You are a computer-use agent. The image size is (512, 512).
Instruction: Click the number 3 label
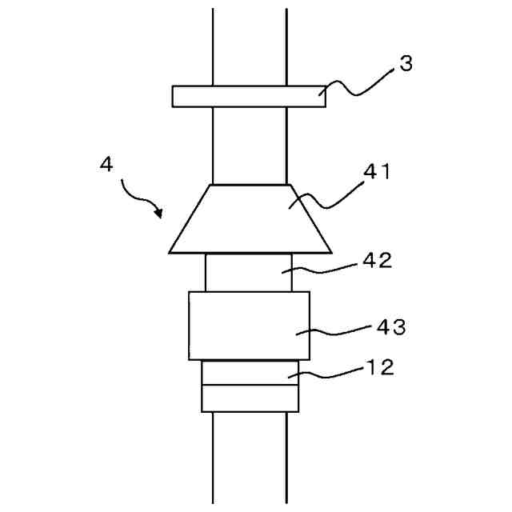406,65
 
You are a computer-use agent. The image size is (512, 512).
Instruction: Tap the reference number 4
106,164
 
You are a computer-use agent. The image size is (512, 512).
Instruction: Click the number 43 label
390,326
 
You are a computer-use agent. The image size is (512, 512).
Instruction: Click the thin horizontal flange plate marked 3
249,96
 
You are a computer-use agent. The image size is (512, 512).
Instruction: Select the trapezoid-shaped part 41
249,219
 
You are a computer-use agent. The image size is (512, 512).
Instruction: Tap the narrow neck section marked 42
249,272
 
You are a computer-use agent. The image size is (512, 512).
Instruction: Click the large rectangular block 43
249,326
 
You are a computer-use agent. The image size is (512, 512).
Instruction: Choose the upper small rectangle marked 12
249,373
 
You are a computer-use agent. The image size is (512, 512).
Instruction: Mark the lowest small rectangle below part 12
249,398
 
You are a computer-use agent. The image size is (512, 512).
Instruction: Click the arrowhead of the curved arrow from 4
159,214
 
